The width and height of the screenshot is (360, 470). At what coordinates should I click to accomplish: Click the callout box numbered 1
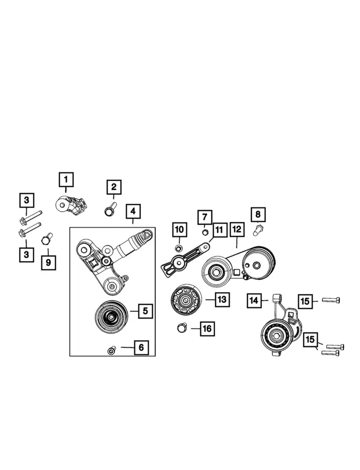click(66, 180)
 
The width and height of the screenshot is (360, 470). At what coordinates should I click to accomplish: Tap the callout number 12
click(237, 229)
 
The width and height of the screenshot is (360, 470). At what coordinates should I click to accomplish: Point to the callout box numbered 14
click(254, 300)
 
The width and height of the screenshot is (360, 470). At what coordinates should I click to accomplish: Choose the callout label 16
click(207, 329)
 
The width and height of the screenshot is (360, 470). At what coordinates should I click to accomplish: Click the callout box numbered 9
click(48, 262)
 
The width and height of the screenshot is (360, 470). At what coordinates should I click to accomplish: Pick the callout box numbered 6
click(140, 348)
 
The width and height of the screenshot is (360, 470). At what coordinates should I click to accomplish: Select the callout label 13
click(222, 299)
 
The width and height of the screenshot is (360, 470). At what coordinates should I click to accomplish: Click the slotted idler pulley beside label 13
click(185, 299)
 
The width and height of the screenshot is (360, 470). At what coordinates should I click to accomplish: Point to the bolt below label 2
click(110, 210)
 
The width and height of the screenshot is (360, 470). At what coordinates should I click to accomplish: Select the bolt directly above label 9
click(46, 239)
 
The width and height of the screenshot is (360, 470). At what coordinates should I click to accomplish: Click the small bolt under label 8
click(258, 229)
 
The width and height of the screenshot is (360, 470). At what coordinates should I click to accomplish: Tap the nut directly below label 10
click(179, 248)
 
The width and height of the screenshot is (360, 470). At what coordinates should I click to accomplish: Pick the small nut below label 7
click(205, 232)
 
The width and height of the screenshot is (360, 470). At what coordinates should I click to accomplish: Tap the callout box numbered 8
click(258, 214)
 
